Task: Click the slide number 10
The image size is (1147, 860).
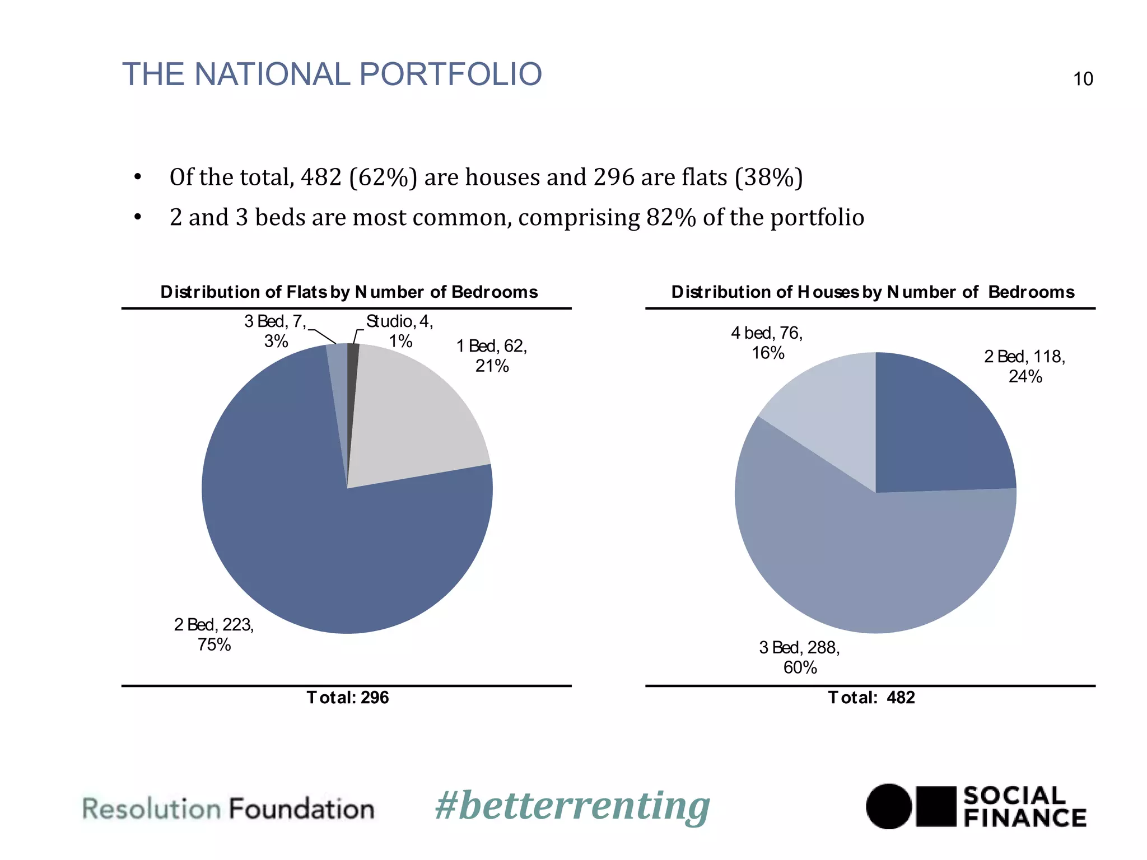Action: tap(1083, 79)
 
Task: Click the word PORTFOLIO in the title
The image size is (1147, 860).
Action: tap(450, 74)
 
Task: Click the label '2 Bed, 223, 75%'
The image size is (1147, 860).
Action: tap(214, 634)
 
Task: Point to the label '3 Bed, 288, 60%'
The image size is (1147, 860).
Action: tap(799, 657)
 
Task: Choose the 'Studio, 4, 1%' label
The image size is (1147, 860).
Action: tap(400, 331)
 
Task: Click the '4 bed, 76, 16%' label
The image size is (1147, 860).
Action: tap(767, 343)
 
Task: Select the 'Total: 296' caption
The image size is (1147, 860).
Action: tap(347, 698)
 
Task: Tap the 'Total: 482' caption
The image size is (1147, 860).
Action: tap(871, 698)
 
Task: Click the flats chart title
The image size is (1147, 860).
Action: tap(349, 292)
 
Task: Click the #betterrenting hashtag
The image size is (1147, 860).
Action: tap(572, 807)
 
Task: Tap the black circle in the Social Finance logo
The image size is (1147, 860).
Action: tap(889, 806)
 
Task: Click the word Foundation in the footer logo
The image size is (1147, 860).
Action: tap(301, 810)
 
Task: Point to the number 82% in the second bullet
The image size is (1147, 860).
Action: tap(670, 217)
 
